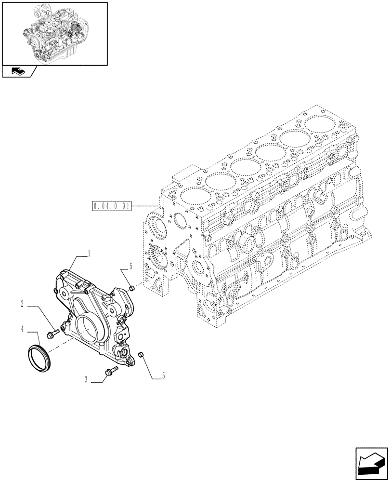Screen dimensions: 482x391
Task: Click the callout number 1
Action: (89, 253)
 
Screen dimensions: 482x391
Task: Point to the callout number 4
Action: (23, 330)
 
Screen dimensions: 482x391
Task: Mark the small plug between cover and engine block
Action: (130, 289)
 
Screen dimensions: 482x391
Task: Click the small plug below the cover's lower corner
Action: (141, 355)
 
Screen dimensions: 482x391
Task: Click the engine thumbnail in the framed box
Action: (54, 33)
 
